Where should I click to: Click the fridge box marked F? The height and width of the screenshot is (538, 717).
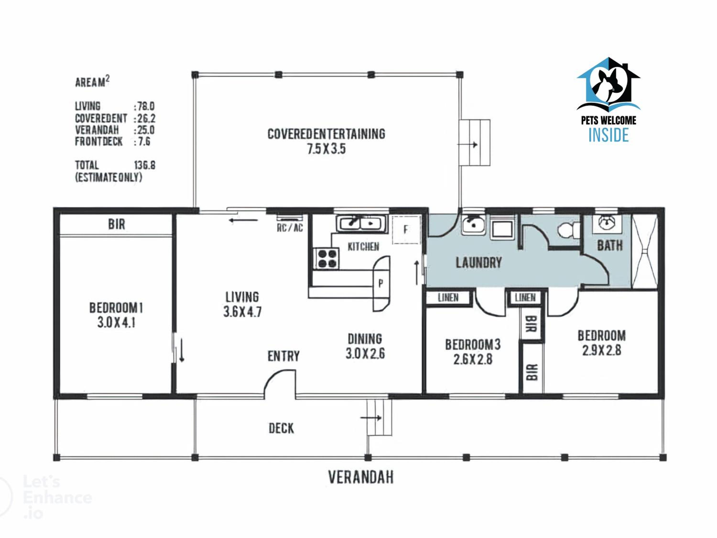point(406,230)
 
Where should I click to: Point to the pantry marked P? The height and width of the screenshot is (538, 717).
point(381,283)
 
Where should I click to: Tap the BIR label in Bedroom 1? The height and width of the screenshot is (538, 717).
point(116,224)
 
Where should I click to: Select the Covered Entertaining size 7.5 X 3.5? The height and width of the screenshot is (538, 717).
point(326,149)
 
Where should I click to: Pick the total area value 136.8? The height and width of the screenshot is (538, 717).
point(145,165)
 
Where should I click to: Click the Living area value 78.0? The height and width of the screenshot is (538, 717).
point(145,106)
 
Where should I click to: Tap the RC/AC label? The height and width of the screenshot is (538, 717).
point(290,228)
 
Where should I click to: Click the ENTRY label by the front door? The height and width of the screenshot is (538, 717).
point(283,356)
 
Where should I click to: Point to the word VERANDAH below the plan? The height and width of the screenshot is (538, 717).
point(361,477)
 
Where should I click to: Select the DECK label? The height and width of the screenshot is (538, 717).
point(281,428)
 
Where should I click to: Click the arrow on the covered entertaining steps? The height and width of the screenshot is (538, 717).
point(467,145)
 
